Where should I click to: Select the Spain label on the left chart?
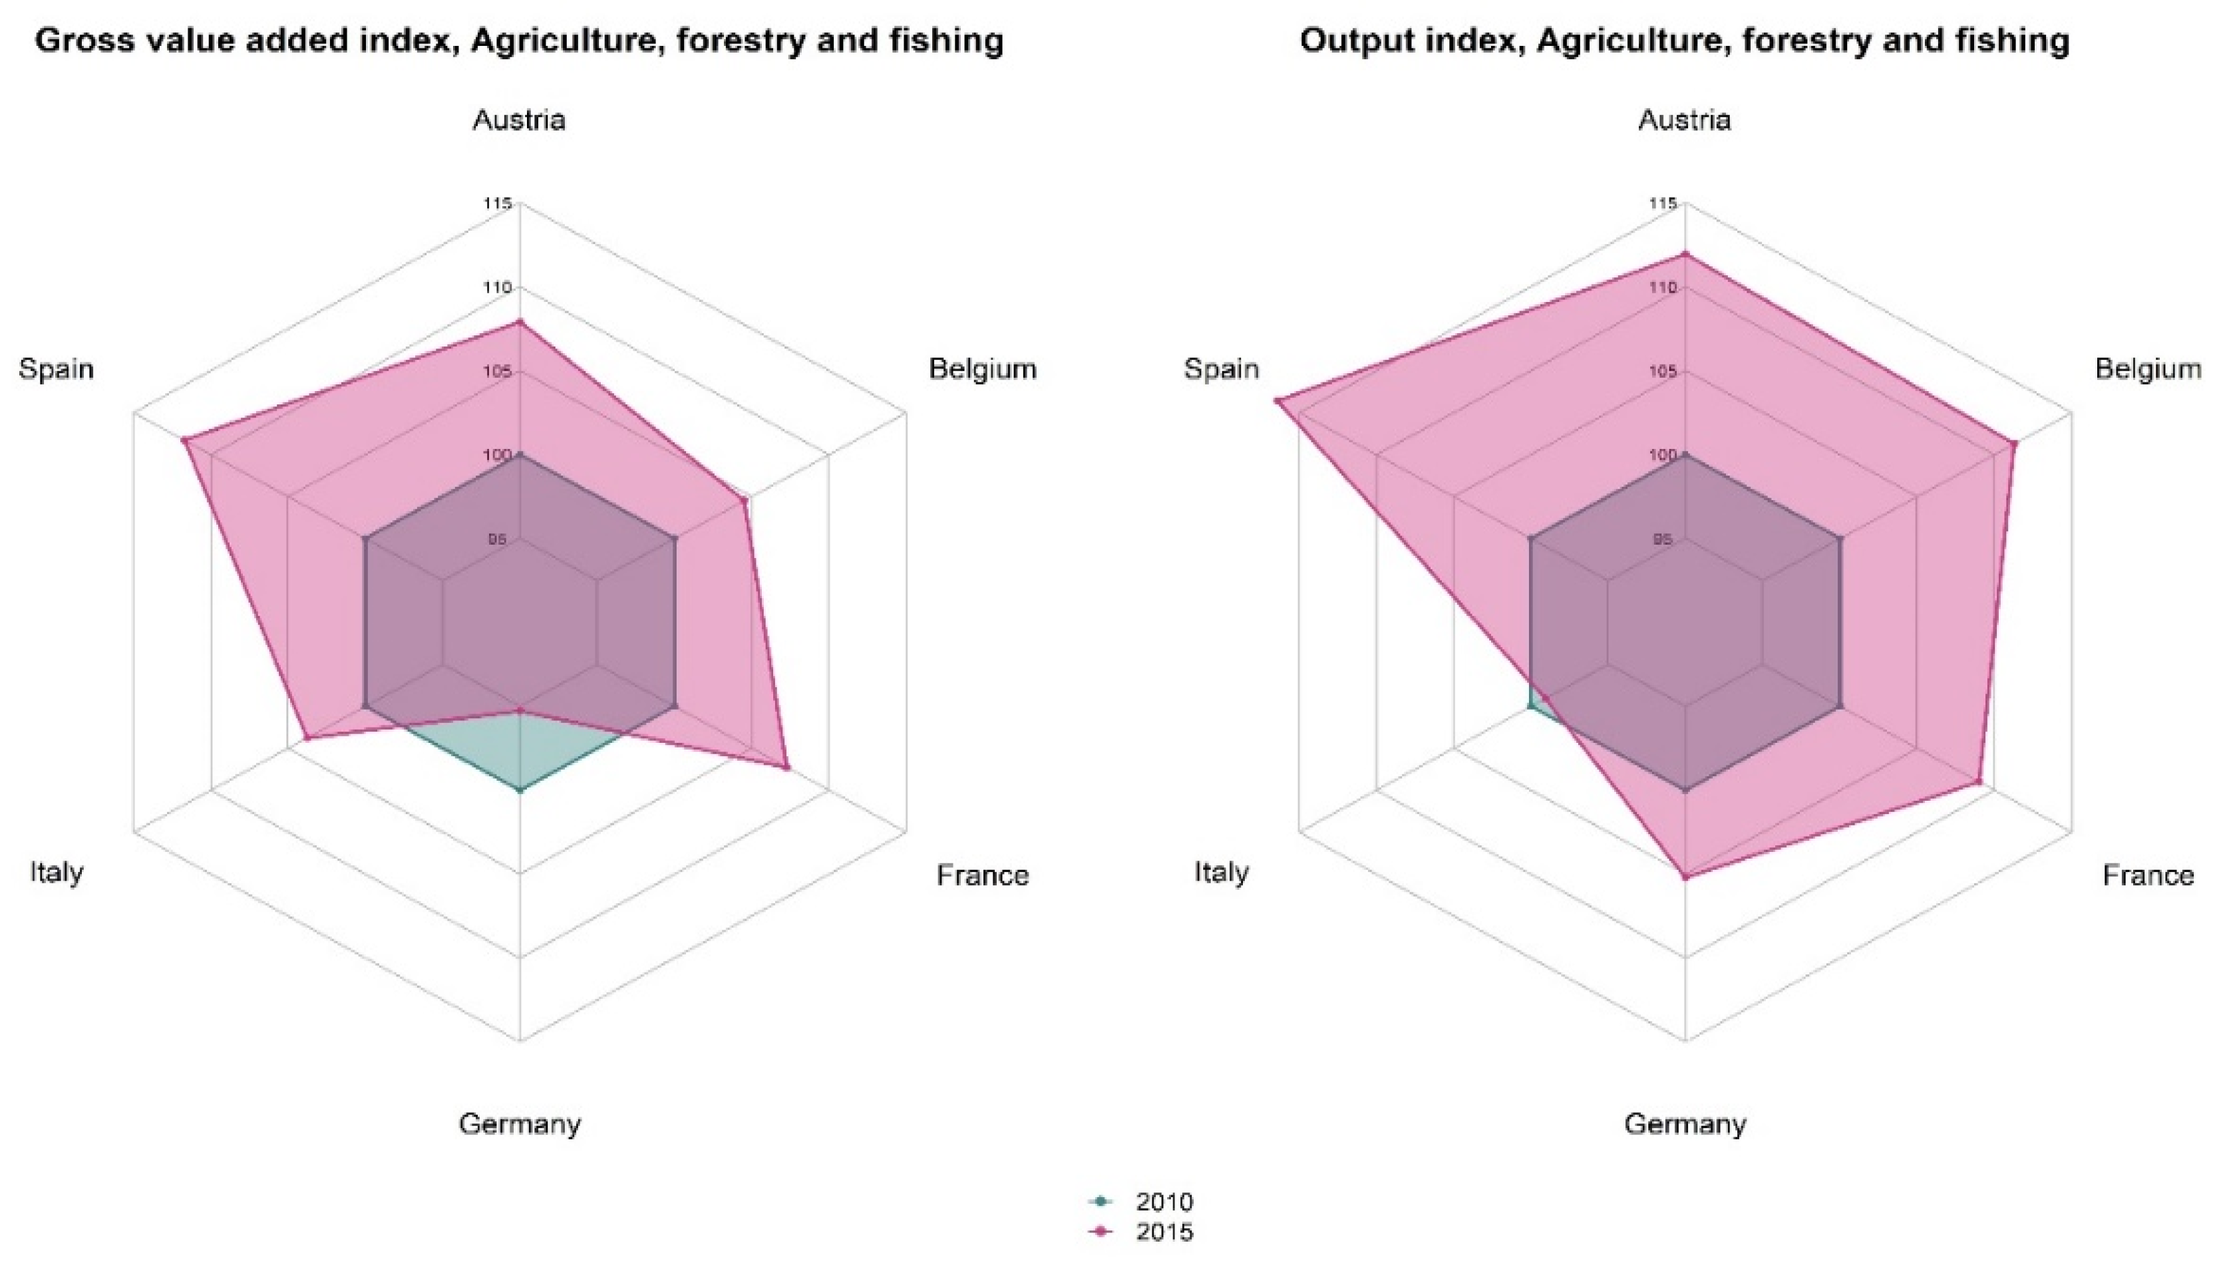click(x=57, y=369)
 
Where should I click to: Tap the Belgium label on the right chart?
click(x=2147, y=369)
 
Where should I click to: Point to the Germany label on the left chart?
click(x=519, y=1124)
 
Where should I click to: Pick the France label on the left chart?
click(x=982, y=876)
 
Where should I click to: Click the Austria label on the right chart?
click(x=1684, y=120)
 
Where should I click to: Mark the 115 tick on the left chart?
click(x=498, y=204)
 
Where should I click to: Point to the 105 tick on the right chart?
click(x=1663, y=372)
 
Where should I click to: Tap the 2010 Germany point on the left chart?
click(x=520, y=790)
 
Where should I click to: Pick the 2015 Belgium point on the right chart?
click(x=2013, y=444)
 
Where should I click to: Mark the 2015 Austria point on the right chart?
click(x=1685, y=254)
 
